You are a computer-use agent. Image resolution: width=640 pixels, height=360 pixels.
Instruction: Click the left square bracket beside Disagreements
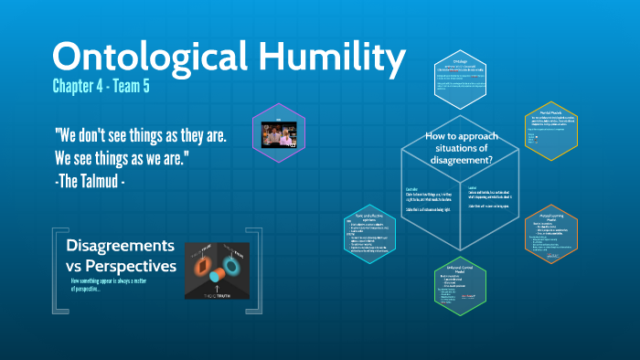click(57, 264)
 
